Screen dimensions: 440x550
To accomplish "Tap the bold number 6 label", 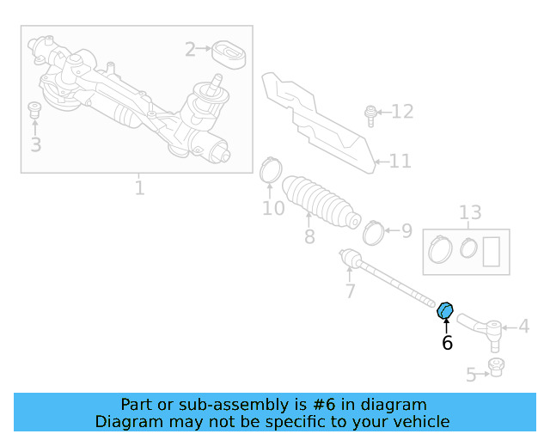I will point(447,343).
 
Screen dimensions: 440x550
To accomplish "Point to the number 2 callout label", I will point(190,50).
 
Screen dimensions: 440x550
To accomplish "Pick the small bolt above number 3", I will point(35,109).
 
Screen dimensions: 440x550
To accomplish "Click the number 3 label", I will point(35,144).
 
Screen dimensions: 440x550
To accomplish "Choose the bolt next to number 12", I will point(370,113).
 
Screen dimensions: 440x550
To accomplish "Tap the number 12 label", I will point(402,111).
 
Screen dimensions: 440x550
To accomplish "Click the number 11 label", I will point(400,161).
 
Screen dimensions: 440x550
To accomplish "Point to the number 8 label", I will point(309,236).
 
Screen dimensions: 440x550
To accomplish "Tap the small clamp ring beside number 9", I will point(373,230).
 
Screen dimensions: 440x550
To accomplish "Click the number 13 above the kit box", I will point(470,213).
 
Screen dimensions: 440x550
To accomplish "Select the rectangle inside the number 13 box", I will point(492,252).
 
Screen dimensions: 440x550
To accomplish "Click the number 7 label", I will point(350,291).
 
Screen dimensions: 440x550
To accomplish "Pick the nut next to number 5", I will point(495,368).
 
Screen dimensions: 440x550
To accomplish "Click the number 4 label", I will point(523,327).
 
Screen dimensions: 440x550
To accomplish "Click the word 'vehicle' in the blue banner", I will point(419,421).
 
